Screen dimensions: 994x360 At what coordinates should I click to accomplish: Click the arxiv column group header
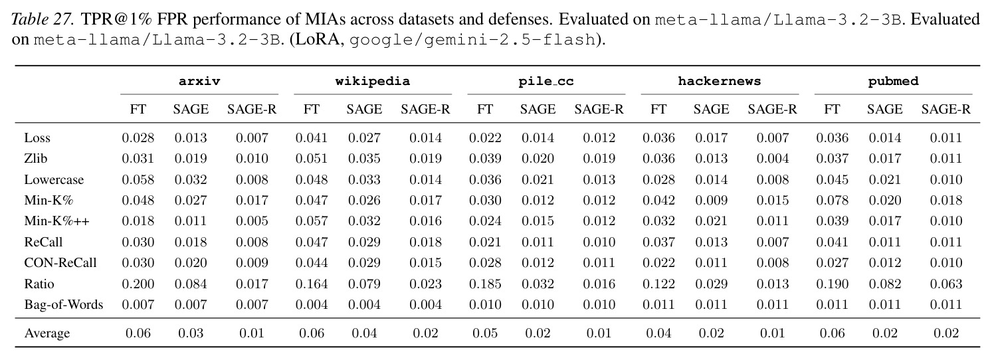[x=199, y=81]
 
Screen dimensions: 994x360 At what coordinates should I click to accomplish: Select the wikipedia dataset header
[x=373, y=82]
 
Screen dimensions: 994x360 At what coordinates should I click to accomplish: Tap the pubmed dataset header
[x=893, y=81]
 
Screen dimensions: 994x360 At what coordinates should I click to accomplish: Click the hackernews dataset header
[x=720, y=81]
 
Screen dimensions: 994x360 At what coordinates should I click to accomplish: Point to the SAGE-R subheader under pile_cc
[x=599, y=109]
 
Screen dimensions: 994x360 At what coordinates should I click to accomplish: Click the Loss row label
[x=37, y=138]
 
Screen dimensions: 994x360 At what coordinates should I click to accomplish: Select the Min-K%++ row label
[x=56, y=221]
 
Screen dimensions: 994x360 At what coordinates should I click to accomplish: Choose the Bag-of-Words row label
[x=64, y=305]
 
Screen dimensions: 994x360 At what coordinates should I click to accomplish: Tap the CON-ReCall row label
[x=60, y=262]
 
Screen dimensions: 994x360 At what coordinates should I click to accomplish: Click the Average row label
[x=47, y=333]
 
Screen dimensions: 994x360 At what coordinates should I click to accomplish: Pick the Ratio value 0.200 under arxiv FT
[x=138, y=284]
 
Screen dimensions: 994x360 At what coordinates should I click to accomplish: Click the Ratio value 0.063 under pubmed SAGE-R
[x=946, y=284]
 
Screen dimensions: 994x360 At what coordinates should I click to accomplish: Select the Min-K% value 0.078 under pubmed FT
[x=832, y=201]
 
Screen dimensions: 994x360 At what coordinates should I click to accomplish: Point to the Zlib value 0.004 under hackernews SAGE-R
[x=773, y=159]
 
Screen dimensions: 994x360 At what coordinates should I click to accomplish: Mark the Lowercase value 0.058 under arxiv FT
[x=138, y=179]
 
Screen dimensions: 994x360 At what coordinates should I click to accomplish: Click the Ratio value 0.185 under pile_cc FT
[x=485, y=284]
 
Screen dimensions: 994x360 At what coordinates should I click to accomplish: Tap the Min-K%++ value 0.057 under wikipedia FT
[x=312, y=221]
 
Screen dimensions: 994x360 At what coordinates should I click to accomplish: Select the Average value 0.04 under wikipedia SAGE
[x=364, y=333]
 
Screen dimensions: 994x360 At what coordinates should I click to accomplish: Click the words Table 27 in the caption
[x=42, y=19]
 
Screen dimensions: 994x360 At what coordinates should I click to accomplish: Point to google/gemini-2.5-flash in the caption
[x=472, y=40]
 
